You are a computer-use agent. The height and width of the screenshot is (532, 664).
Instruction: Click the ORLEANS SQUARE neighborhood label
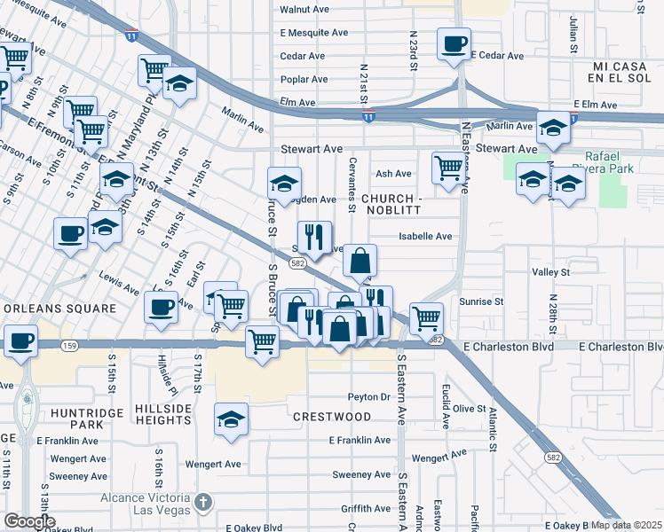point(59,309)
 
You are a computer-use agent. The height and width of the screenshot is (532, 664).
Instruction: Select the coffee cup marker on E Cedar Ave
point(454,43)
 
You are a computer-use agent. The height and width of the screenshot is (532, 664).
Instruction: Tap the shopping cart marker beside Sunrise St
point(427,317)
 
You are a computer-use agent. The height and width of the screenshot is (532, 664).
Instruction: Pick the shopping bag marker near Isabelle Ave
point(360,261)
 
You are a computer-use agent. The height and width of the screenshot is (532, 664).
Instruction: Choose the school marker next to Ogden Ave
point(284,184)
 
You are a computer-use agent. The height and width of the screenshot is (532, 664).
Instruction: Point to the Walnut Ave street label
point(305,9)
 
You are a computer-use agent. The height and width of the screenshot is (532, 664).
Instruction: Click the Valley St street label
point(550,272)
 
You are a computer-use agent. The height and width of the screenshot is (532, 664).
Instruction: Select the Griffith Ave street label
point(366,509)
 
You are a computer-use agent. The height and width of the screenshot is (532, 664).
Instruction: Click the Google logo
point(29,521)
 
